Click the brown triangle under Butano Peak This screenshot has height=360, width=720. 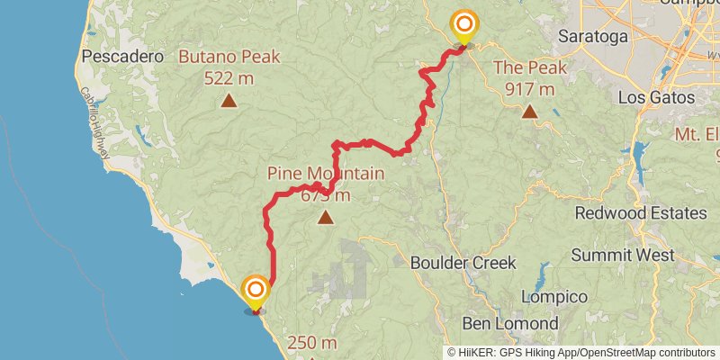(x=229, y=101)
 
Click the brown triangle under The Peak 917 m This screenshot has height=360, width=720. (x=529, y=112)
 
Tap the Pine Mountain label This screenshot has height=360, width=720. (x=325, y=173)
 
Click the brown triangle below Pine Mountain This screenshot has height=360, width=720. (x=325, y=216)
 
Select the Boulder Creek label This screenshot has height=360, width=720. (x=463, y=263)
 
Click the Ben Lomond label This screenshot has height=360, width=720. (x=510, y=322)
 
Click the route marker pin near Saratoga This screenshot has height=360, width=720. (x=464, y=25)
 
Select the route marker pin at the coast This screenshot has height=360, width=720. (x=256, y=291)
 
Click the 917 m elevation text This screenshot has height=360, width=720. (x=529, y=88)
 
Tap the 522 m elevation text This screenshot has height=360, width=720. (x=229, y=78)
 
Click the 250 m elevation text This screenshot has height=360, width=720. (x=312, y=343)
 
